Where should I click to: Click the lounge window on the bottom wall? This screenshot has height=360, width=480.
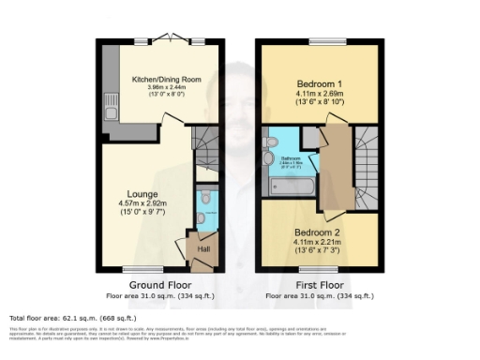138,271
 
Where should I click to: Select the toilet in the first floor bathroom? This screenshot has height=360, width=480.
270,142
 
